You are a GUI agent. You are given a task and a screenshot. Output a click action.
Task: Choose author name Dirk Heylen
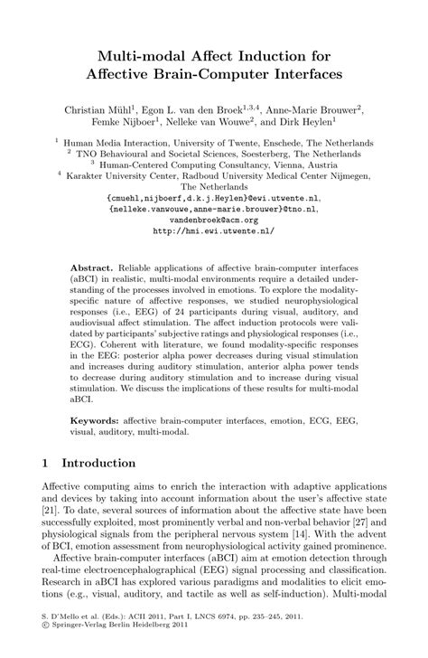tap(302, 121)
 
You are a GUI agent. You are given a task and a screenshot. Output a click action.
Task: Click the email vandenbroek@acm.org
tap(213, 219)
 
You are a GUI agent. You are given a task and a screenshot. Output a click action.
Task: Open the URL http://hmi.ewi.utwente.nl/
tap(213, 230)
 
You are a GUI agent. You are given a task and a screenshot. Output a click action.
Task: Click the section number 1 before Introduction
tap(44, 463)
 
